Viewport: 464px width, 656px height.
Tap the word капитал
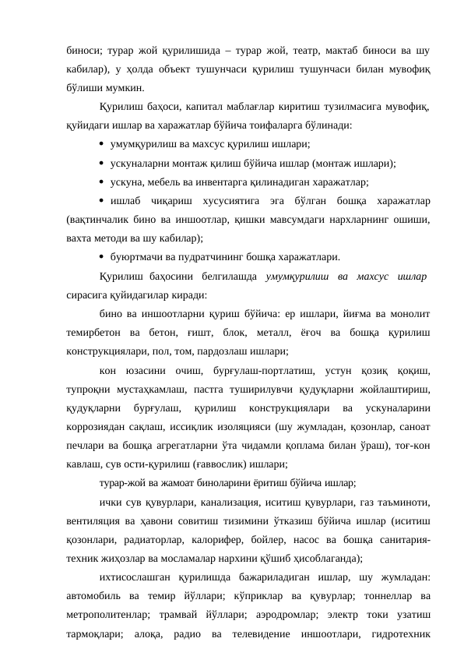(x=212, y=106)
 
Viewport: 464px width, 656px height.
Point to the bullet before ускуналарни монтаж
(x=104, y=163)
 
